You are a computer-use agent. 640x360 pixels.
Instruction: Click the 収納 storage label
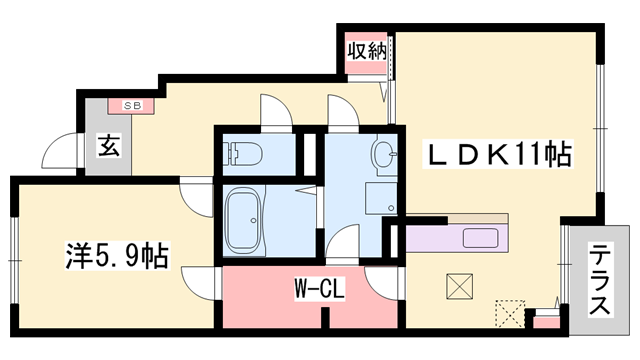coord(366,49)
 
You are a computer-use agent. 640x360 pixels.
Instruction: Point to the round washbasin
coord(383,154)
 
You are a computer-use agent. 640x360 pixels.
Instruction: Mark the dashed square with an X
coord(510,313)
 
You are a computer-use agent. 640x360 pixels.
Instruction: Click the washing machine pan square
coord(381,198)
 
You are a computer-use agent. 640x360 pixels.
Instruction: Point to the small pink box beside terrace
coord(545,320)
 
